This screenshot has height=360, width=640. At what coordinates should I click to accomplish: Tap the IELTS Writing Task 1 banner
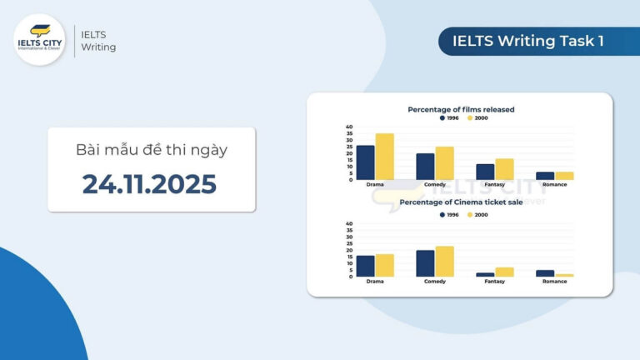pyautogui.click(x=527, y=41)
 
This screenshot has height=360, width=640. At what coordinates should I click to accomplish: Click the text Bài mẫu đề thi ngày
pyautogui.click(x=151, y=150)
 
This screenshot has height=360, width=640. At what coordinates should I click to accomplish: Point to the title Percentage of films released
pyautogui.click(x=460, y=109)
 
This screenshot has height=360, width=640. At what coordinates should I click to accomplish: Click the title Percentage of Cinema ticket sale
pyautogui.click(x=460, y=202)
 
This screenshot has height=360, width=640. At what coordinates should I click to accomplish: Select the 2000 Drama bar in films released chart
pyautogui.click(x=384, y=157)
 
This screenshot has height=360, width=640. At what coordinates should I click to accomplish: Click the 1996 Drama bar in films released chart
pyautogui.click(x=366, y=162)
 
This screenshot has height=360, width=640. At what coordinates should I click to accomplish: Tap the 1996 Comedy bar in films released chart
pyautogui.click(x=425, y=167)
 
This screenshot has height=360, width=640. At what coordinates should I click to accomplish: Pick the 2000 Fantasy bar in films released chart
pyautogui.click(x=504, y=169)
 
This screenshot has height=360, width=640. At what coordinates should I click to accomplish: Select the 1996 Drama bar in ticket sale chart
pyautogui.click(x=366, y=266)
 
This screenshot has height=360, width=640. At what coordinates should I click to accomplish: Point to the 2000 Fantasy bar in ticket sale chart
pyautogui.click(x=504, y=272)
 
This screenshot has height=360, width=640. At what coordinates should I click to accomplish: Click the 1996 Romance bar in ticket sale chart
pyautogui.click(x=545, y=273)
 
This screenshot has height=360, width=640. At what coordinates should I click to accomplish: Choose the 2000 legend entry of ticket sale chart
pyautogui.click(x=477, y=215)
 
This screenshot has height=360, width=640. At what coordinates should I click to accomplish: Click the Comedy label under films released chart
pyautogui.click(x=434, y=185)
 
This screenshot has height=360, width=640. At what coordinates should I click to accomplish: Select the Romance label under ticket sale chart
pyautogui.click(x=554, y=282)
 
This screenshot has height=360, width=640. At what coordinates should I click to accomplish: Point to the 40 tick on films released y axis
pyautogui.click(x=350, y=127)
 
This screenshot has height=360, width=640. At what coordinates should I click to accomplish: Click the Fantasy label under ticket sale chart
pyautogui.click(x=494, y=282)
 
